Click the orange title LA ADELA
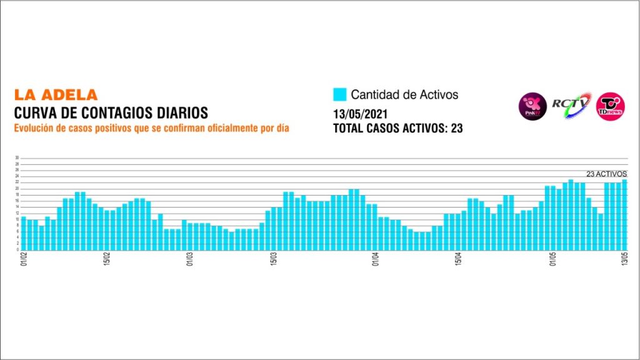click(56, 96)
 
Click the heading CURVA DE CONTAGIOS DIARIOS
click(111, 112)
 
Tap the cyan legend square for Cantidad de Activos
click(339, 95)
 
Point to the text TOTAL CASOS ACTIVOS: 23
click(398, 129)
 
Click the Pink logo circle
click(533, 106)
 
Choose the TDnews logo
click(609, 106)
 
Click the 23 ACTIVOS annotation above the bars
click(606, 174)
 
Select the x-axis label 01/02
click(24, 259)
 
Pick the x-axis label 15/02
click(107, 259)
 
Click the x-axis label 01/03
click(190, 259)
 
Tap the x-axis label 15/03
click(273, 259)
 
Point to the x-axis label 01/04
click(375, 259)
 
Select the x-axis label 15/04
click(458, 259)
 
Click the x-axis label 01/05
click(553, 259)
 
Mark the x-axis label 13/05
click(624, 259)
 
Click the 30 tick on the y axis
click(17, 158)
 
